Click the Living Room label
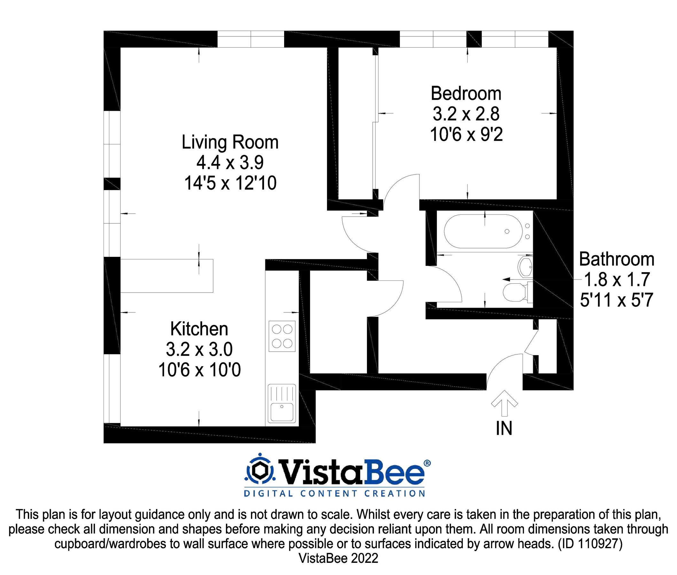pyautogui.click(x=230, y=142)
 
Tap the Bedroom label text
pyautogui.click(x=466, y=94)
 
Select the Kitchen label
pyautogui.click(x=199, y=329)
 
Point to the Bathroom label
pyautogui.click(x=617, y=259)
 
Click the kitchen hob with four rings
pyautogui.click(x=282, y=336)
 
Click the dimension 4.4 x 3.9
pyautogui.click(x=230, y=162)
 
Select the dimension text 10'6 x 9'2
pyautogui.click(x=466, y=134)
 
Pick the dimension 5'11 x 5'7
pyautogui.click(x=617, y=300)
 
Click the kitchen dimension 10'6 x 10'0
pyautogui.click(x=199, y=370)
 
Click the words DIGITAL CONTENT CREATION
pyautogui.click(x=335, y=493)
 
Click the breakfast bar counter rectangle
pyautogui.click(x=167, y=276)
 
